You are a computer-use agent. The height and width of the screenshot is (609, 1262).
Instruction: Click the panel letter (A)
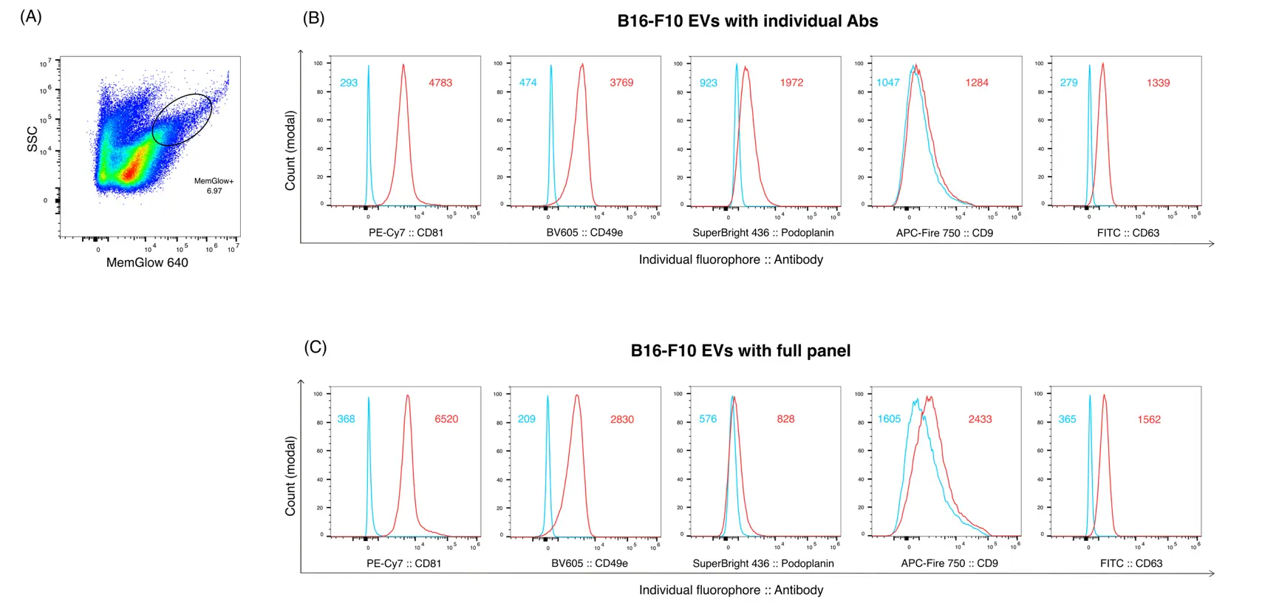[31, 17]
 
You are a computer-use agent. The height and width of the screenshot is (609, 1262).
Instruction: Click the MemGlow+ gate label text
[214, 181]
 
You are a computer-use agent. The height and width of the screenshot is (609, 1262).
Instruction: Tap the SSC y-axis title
[33, 139]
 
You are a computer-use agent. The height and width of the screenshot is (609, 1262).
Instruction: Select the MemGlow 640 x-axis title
[147, 262]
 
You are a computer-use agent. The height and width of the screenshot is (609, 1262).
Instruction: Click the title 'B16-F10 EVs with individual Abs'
[747, 21]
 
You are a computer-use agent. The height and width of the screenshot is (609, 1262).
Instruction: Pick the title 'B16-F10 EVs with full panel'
[740, 351]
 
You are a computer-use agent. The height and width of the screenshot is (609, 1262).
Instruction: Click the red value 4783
[440, 83]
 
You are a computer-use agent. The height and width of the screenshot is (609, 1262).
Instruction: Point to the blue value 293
[349, 83]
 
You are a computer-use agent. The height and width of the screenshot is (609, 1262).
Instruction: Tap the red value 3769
[621, 83]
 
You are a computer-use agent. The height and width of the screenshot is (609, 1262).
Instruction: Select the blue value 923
[709, 83]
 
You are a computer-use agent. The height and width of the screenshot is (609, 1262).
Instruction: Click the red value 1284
[977, 83]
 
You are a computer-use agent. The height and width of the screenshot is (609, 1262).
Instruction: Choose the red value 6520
[446, 419]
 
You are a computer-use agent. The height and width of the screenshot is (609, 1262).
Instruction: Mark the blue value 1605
[889, 419]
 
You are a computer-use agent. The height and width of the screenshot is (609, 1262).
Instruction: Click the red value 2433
[980, 419]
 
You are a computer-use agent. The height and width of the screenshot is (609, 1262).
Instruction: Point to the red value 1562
[1149, 419]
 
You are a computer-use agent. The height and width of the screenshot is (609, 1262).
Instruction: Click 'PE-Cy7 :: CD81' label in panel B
[406, 233]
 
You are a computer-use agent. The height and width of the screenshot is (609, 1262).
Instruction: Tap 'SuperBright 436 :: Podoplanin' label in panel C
[763, 563]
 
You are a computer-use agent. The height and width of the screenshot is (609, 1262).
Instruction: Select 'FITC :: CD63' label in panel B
[1128, 233]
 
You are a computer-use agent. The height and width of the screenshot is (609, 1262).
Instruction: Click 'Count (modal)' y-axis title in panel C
[291, 476]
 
